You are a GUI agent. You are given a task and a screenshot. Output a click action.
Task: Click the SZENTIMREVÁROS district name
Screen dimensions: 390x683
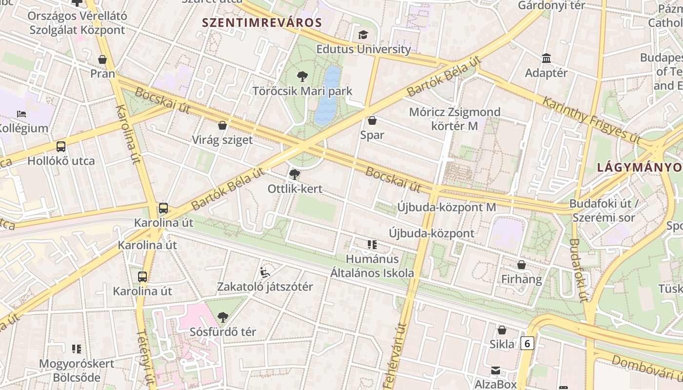(x=262, y=22)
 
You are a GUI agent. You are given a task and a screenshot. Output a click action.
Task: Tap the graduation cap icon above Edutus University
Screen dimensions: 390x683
(x=363, y=35)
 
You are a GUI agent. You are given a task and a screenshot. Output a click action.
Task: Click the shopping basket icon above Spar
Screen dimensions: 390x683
(x=372, y=120)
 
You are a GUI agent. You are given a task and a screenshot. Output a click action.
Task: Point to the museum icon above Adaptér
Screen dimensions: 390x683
(x=546, y=58)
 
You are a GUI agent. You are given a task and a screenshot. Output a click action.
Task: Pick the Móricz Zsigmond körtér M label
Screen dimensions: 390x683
(x=455, y=119)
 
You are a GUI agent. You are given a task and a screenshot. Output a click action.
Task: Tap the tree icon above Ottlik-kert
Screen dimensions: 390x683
(x=295, y=175)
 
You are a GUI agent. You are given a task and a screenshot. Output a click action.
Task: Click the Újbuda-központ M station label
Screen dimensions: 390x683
(x=446, y=207)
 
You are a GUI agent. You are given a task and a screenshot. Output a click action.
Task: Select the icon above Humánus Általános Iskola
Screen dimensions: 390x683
(x=372, y=245)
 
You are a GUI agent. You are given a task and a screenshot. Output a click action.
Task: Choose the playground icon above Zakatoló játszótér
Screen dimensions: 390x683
(x=265, y=272)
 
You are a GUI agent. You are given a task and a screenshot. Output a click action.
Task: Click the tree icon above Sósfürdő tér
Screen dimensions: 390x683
(x=223, y=317)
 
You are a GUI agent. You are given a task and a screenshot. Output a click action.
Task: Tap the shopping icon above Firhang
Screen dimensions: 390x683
(x=522, y=265)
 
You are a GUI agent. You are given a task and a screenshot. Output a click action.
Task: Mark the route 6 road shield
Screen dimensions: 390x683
(x=526, y=344)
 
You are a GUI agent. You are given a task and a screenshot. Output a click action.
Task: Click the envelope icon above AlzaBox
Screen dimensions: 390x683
(x=496, y=370)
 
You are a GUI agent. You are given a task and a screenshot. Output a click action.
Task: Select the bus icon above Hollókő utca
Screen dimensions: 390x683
(x=61, y=147)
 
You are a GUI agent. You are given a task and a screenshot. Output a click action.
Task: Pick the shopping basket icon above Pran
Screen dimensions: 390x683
(x=102, y=59)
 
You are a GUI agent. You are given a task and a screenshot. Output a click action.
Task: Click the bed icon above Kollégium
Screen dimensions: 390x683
(x=21, y=114)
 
